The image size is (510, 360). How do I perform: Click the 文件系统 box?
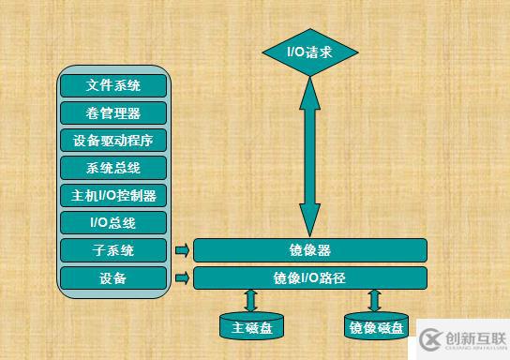pos(113,85)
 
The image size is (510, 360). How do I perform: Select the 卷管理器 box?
pos(113,112)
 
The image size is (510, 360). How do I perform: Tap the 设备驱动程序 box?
pos(113,141)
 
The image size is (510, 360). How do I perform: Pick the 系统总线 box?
pos(113,168)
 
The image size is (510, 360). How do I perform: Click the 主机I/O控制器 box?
pos(113,196)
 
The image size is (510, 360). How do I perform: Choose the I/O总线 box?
pos(113,223)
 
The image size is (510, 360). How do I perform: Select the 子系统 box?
pos(113,250)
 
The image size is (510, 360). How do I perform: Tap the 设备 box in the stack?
pos(113,277)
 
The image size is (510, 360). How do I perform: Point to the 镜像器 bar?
pos(309,250)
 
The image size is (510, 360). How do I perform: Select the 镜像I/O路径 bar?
pos(309,277)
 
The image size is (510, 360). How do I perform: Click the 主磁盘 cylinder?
pos(250,326)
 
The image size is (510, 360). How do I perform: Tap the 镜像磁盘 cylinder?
pos(376,326)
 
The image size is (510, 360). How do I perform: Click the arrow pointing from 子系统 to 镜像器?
pos(181,250)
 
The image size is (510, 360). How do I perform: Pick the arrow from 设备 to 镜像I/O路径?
pos(181,277)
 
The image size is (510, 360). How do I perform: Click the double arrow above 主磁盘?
pos(250,300)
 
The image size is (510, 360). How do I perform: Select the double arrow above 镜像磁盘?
pos(376,300)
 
